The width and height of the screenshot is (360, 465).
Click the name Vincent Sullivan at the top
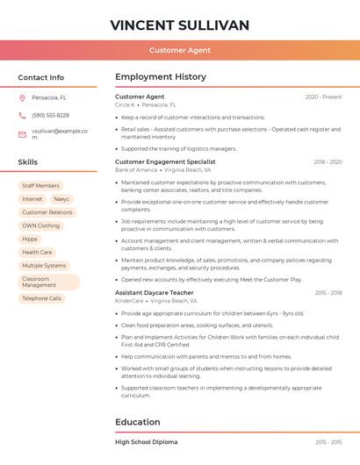tap(180, 25)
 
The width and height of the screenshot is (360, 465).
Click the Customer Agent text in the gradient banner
tap(180, 51)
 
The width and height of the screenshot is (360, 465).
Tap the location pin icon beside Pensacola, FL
tap(23, 97)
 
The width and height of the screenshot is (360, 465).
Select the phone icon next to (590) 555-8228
tap(23, 115)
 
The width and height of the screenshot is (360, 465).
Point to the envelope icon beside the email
tap(23, 133)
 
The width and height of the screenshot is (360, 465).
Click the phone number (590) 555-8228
tap(50, 115)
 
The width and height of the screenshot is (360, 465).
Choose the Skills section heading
tap(28, 162)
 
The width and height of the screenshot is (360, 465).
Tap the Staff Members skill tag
tap(40, 186)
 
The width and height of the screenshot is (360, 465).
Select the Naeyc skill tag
tap(61, 199)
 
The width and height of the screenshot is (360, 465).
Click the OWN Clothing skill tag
tap(41, 225)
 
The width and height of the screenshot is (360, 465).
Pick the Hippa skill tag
tap(30, 239)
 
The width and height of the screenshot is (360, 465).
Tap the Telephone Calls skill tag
tap(42, 298)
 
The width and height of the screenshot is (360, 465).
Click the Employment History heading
tap(161, 77)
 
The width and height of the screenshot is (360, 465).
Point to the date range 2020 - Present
tap(323, 97)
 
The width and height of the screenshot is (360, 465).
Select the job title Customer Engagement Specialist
tap(165, 161)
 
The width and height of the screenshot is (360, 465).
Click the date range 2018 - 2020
tap(328, 162)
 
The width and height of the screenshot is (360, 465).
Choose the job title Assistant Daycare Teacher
tap(155, 292)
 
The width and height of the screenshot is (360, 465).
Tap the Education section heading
tap(137, 422)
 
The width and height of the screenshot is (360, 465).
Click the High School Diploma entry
tap(146, 442)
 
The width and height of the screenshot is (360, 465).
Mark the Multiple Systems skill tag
tap(44, 265)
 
